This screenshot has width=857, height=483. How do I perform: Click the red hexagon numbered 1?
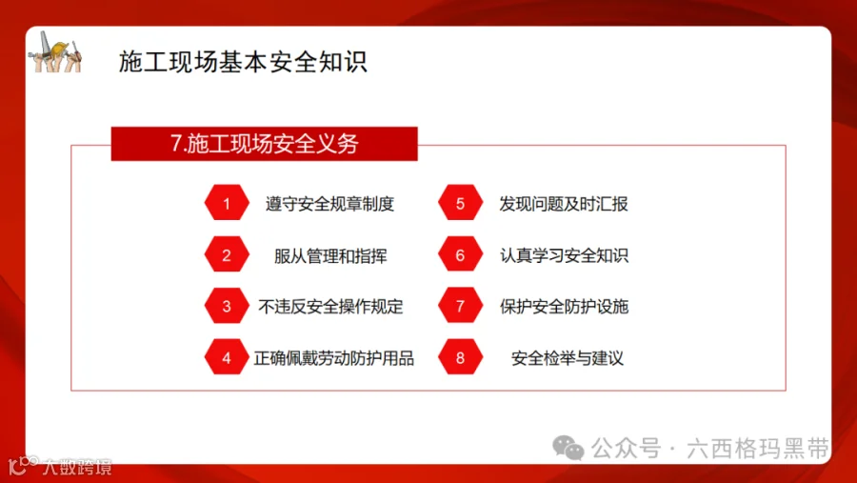click(x=227, y=204)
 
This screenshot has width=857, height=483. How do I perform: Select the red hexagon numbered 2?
click(x=227, y=255)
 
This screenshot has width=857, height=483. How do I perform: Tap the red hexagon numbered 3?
click(x=227, y=307)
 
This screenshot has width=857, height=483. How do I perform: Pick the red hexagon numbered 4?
click(x=227, y=358)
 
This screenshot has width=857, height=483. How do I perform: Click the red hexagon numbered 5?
click(x=460, y=204)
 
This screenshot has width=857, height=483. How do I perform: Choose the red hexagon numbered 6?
click(x=460, y=255)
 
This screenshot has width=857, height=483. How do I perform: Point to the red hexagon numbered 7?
click(x=460, y=307)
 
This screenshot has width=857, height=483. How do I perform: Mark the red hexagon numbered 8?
click(x=460, y=358)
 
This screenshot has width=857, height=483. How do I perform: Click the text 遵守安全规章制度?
click(x=329, y=204)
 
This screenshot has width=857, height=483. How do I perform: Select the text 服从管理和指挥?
click(x=330, y=255)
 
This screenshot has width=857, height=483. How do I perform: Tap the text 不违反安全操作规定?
click(x=330, y=307)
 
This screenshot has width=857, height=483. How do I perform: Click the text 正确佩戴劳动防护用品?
click(x=334, y=358)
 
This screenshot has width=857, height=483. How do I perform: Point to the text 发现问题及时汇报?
click(x=564, y=204)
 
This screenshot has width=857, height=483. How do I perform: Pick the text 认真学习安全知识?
click(x=564, y=255)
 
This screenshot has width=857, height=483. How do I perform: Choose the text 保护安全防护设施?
click(x=564, y=307)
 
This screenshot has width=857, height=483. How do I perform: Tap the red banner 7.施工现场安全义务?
click(x=264, y=144)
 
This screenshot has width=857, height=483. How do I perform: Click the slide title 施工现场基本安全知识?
click(x=243, y=62)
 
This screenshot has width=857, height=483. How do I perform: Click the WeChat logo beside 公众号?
click(x=569, y=447)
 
